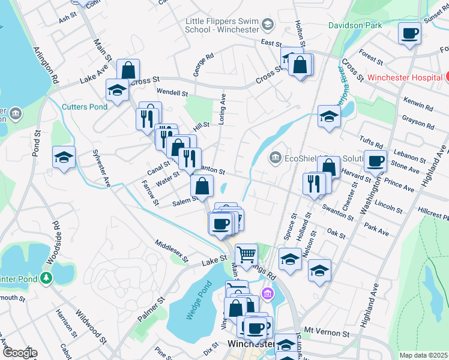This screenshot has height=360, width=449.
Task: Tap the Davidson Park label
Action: click(355, 25)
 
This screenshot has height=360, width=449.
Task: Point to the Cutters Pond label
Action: click(85, 107)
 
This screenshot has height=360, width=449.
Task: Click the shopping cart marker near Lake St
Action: click(246, 255)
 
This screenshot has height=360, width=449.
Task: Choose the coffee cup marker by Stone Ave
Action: click(376, 161)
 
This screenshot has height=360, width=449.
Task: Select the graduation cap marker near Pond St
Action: click(64, 158)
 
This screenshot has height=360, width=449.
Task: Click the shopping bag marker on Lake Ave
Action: click(128, 70)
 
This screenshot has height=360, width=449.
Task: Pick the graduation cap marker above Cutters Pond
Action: click(117, 91)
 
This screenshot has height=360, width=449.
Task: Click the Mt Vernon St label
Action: click(327, 331)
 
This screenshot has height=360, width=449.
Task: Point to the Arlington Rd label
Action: click(47, 66)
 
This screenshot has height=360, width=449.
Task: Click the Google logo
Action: click(19, 353)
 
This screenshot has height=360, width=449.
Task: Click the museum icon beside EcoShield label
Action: click(276, 158)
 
